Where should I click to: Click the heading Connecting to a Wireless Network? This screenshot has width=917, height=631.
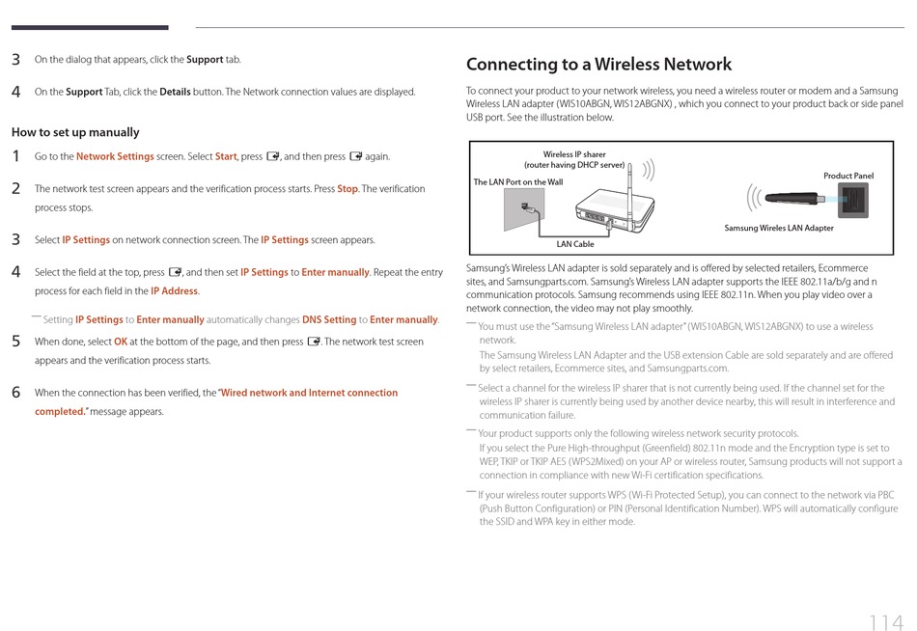tap(598, 65)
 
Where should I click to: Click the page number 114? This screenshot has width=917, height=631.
tap(885, 596)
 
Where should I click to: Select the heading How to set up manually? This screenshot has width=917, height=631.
tap(75, 132)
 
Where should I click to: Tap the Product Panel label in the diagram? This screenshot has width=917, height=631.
tap(848, 176)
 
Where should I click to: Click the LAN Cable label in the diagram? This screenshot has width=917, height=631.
tap(575, 244)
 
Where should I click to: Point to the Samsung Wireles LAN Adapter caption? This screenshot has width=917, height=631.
tap(779, 229)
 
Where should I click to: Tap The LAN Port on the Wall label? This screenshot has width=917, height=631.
tap(517, 182)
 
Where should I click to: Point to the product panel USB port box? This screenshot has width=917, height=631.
tap(853, 201)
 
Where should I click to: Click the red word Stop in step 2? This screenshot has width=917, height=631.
tap(347, 189)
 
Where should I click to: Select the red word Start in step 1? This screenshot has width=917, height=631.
tap(226, 156)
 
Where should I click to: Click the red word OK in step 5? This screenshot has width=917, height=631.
tap(121, 342)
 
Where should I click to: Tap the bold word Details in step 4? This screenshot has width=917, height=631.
tap(175, 93)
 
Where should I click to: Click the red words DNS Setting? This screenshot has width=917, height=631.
tap(329, 320)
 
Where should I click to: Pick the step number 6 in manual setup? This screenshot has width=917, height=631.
tap(16, 393)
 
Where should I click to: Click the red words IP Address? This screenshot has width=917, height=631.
tap(174, 291)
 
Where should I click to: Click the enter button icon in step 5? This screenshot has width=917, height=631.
tap(313, 342)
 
